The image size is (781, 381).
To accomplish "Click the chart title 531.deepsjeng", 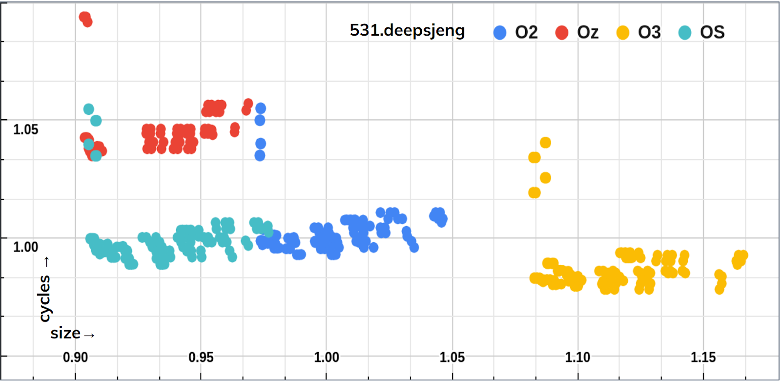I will [x=407, y=31].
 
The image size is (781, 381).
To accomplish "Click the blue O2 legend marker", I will [x=500, y=33].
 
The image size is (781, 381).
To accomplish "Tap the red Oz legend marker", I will [x=562, y=33].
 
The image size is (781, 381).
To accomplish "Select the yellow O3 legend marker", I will [x=623, y=33].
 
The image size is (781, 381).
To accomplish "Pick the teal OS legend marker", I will [x=685, y=33].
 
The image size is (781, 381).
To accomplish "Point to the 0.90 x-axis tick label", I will [x=76, y=358].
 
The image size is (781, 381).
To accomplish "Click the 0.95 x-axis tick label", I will [x=201, y=358].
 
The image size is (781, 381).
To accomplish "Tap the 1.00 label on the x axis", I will [x=327, y=358].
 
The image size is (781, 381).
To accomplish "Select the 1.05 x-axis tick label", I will [x=452, y=358].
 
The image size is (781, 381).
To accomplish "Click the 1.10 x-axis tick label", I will [x=577, y=358].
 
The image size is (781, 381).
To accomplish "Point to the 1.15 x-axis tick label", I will [x=703, y=358].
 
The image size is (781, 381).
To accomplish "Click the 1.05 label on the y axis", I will [x=25, y=129].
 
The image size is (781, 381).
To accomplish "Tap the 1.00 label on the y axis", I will [x=25, y=247].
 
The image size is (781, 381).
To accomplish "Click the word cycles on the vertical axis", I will [x=44, y=298].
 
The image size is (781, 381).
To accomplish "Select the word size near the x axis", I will [x=65, y=334].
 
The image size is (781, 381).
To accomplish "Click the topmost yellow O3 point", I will [x=546, y=143].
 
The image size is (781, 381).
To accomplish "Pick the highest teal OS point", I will [x=88, y=109].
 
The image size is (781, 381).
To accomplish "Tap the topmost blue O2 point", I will [x=261, y=108].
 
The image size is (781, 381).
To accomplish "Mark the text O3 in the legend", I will [x=649, y=33].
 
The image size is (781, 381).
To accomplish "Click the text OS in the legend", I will [x=712, y=33].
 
